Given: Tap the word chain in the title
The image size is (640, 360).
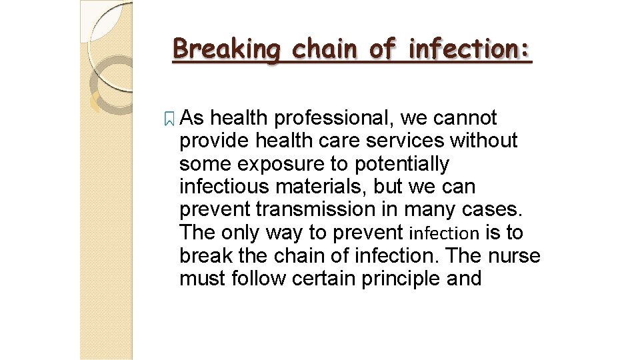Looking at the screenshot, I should pyautogui.click(x=315, y=49).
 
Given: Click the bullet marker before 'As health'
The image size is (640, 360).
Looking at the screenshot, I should pyautogui.click(x=169, y=119).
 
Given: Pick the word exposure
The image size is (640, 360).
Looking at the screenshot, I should pyautogui.click(x=272, y=164).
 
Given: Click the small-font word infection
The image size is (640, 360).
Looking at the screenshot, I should pyautogui.click(x=444, y=233).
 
